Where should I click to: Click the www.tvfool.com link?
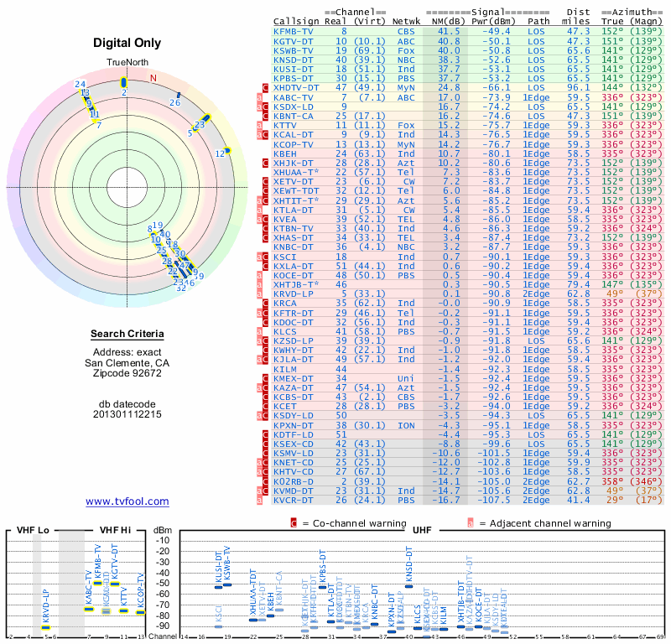tap(127, 501)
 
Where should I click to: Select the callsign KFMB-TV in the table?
tap(293, 31)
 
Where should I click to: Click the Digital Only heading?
tap(127, 44)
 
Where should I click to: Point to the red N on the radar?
tap(153, 78)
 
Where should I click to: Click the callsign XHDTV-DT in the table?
tap(296, 87)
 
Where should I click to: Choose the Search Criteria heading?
tap(127, 335)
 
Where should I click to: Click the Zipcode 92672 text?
tap(127, 374)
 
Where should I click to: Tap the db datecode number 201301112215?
tap(127, 414)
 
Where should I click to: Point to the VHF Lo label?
tap(31, 530)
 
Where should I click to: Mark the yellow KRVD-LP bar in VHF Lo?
tap(46, 626)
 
